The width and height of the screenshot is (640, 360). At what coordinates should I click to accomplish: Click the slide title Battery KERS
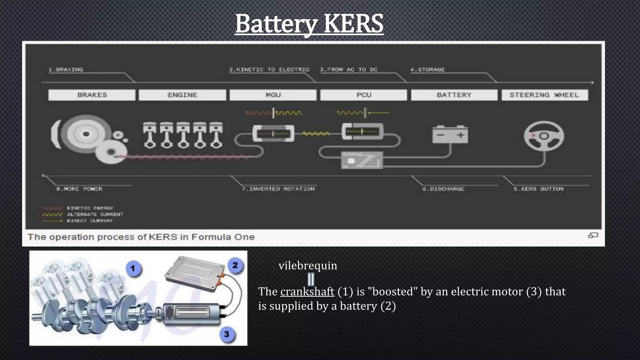pyautogui.click(x=309, y=24)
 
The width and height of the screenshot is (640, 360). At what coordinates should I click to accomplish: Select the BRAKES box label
pyautogui.click(x=92, y=95)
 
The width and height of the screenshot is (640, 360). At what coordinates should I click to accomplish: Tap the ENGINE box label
pyautogui.click(x=182, y=95)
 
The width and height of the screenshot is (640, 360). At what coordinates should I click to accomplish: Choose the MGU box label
pyautogui.click(x=273, y=95)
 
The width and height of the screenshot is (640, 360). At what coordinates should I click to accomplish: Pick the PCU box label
pyautogui.click(x=364, y=95)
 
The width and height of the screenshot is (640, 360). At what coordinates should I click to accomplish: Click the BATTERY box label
pyautogui.click(x=454, y=95)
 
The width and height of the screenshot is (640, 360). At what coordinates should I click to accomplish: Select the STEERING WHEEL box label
pyautogui.click(x=544, y=95)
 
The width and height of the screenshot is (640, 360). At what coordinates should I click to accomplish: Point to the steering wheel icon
pyautogui.click(x=544, y=136)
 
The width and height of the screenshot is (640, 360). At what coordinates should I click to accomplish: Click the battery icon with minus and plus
pyautogui.click(x=450, y=135)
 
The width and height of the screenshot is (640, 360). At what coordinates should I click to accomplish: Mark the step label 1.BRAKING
pyautogui.click(x=66, y=69)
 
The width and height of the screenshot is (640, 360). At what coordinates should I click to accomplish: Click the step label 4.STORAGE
pyautogui.click(x=427, y=69)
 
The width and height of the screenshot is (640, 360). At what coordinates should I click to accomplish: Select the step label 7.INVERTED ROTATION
pyautogui.click(x=278, y=189)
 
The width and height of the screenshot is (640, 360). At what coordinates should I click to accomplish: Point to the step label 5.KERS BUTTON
pyautogui.click(x=538, y=189)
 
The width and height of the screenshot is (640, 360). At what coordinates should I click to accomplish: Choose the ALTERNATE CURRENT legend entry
pyautogui.click(x=95, y=214)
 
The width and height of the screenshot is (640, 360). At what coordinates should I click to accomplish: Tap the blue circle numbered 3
pyautogui.click(x=227, y=334)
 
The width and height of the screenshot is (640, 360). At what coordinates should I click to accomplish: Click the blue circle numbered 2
pyautogui.click(x=235, y=265)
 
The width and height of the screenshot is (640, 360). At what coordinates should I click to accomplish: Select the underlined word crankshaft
pyautogui.click(x=307, y=292)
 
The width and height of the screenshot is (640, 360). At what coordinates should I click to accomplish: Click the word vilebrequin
pyautogui.click(x=308, y=266)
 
